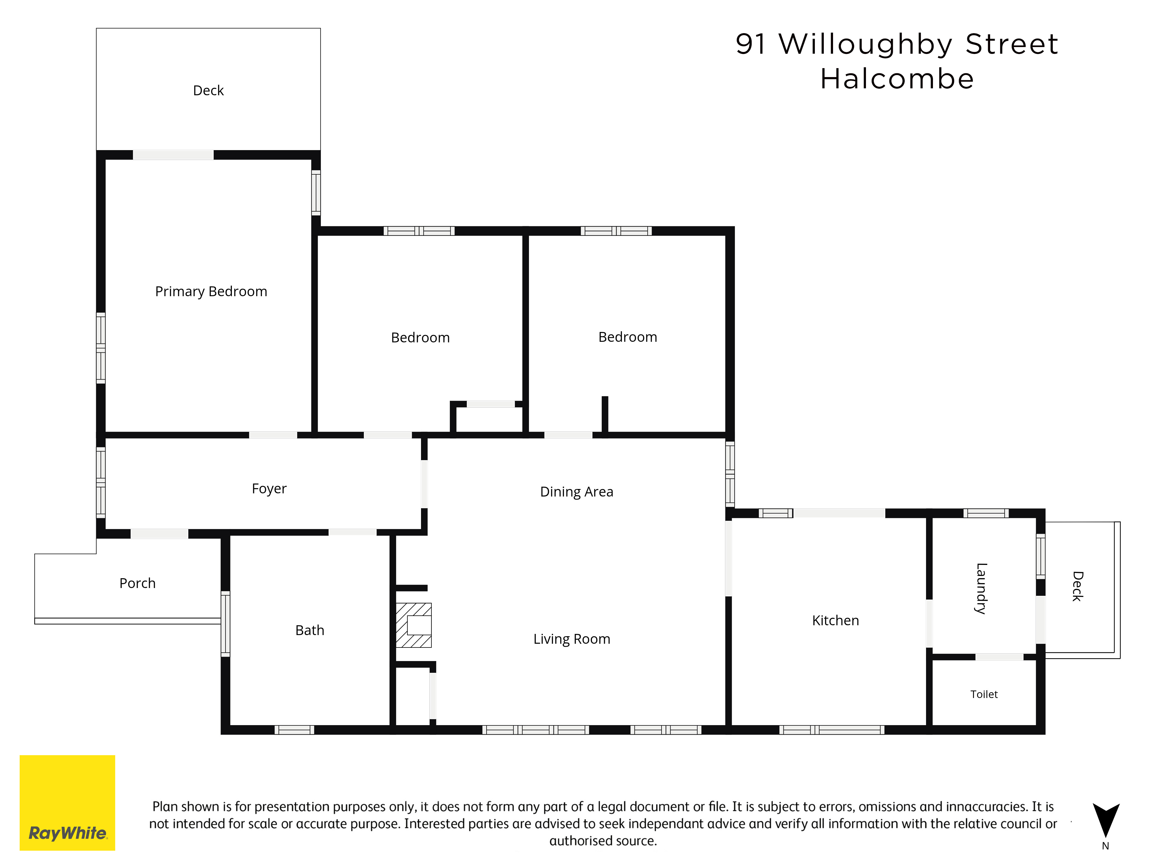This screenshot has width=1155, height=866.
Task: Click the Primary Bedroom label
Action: [211, 291]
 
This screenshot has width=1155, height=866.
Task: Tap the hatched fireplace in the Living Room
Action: [413, 625]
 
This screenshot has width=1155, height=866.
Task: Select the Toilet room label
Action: [984, 694]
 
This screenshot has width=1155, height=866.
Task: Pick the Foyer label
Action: [269, 489]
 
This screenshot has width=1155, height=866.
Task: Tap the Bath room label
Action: [310, 630]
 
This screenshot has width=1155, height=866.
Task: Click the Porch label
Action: [137, 583]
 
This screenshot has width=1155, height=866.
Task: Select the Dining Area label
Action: [576, 492]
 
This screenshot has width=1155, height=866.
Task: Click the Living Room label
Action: [572, 639]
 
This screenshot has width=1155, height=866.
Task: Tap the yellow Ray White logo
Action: [67, 803]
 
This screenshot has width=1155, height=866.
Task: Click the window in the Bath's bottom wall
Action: [295, 730]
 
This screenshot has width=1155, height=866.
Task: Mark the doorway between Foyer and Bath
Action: [353, 532]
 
